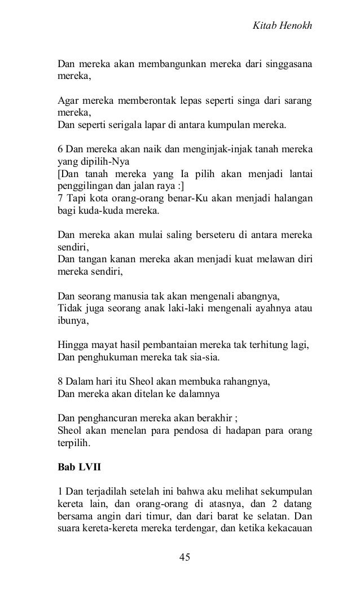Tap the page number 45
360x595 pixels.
pyautogui.click(x=184, y=557)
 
